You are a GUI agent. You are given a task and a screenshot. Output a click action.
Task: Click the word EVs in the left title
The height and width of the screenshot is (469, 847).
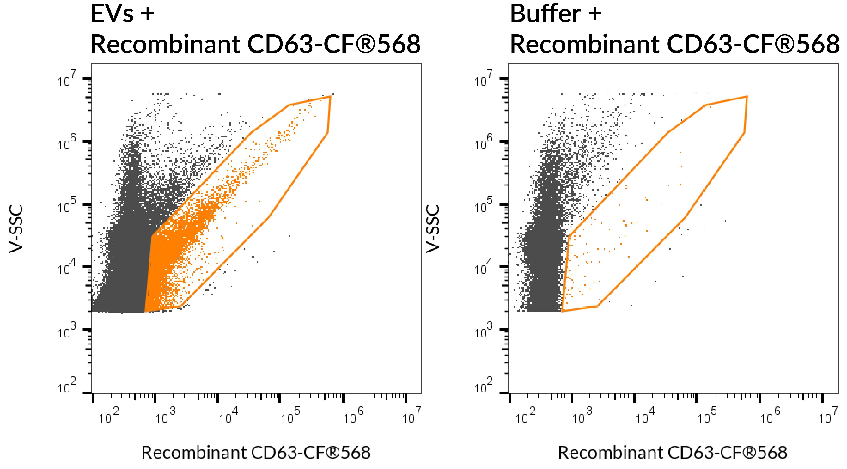pyautogui.click(x=112, y=14)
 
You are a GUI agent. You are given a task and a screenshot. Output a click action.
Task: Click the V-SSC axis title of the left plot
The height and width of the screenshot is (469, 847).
pyautogui.click(x=16, y=229)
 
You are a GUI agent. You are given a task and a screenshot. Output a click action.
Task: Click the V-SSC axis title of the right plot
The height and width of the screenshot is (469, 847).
pyautogui.click(x=433, y=229)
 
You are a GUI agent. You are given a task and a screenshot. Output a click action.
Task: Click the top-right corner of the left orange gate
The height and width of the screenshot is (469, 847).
pyautogui.click(x=330, y=96)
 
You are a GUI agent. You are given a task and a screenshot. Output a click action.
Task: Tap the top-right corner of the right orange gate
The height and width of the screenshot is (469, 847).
pyautogui.click(x=747, y=96)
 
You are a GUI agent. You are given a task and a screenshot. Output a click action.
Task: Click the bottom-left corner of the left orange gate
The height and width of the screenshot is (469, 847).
pyautogui.click(x=145, y=311)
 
